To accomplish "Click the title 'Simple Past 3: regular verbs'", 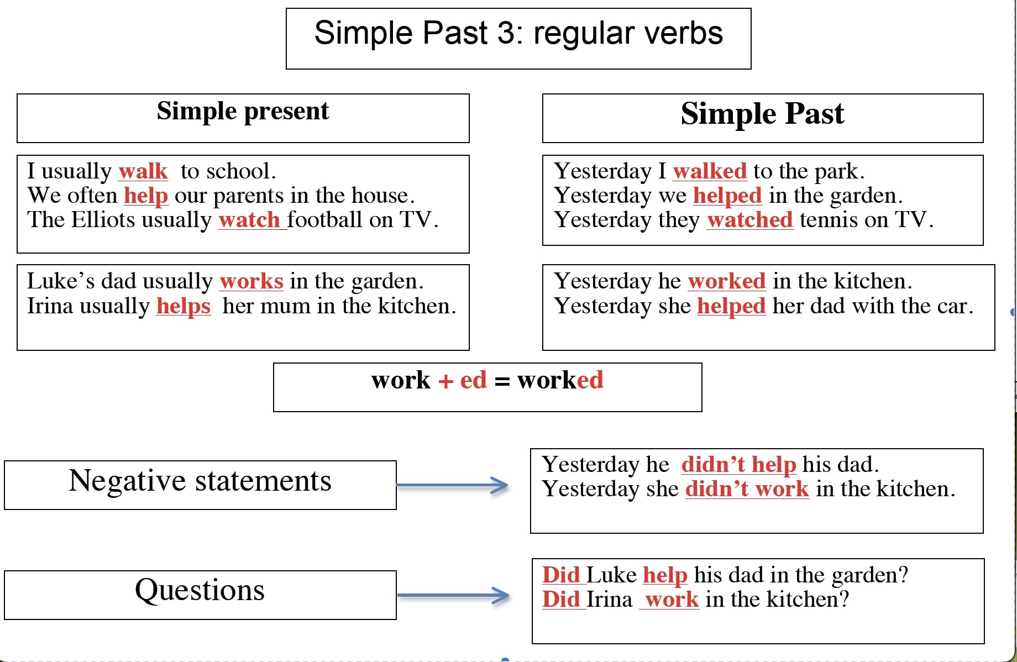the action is point(518,33).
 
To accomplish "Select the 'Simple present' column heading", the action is point(243,112).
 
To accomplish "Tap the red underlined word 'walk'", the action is point(143,171).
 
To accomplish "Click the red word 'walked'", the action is point(710,171).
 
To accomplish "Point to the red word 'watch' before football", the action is point(249,220).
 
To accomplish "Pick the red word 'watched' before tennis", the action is point(750,220).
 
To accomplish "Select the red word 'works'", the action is point(251,281).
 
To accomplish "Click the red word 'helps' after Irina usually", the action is point(184,307).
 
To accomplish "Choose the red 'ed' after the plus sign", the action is point(474,380).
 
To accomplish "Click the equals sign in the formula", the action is point(502,381).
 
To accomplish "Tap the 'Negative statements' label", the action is point(200,481).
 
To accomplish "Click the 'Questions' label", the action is point(200,590).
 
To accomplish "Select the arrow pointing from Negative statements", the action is point(452,485).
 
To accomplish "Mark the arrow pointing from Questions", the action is point(453,595).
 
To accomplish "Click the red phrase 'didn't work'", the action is point(747,489).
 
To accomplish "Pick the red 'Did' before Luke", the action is point(561,575).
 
